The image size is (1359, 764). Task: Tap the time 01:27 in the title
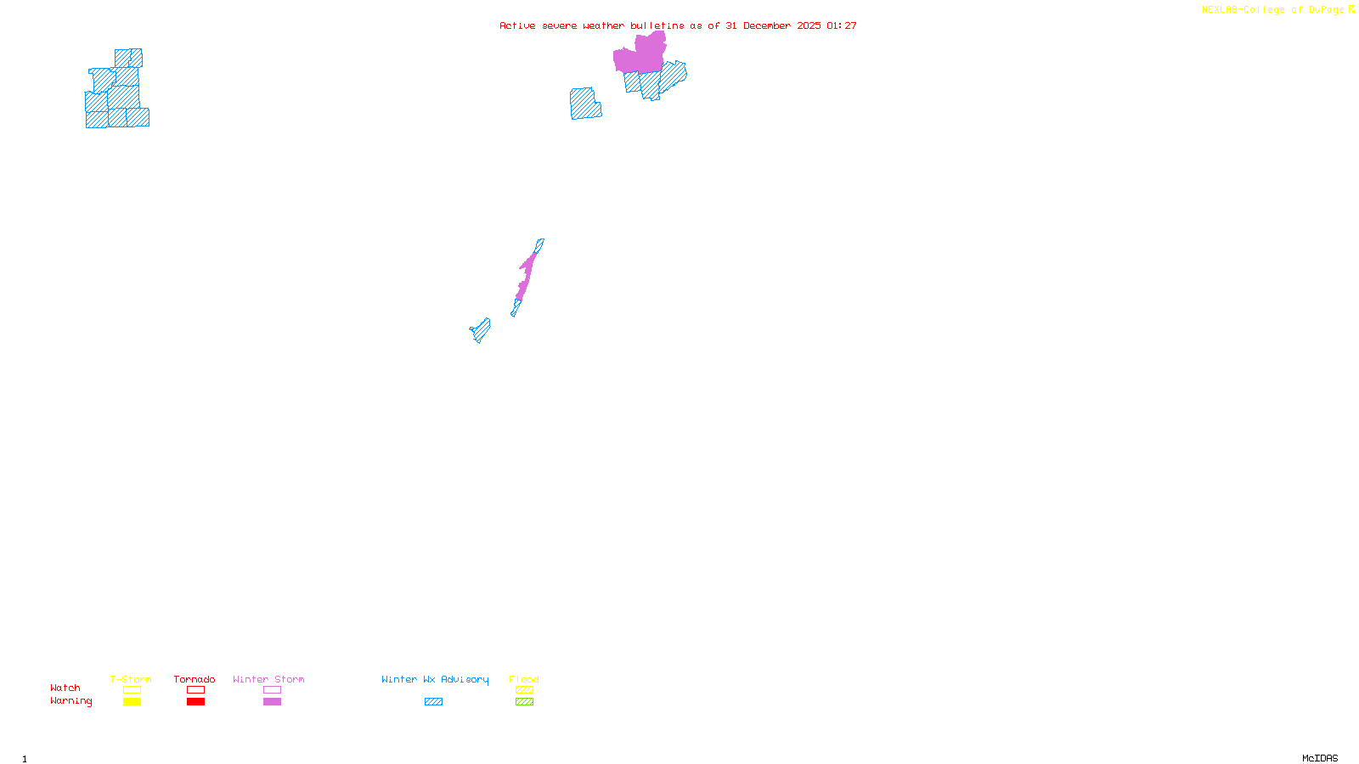point(841,25)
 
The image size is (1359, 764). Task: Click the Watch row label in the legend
point(65,688)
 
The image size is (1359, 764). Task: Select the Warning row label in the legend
point(71,701)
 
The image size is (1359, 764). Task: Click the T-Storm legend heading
point(131,679)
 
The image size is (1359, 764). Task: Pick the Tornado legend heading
point(195,679)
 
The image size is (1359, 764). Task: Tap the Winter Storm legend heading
point(268,679)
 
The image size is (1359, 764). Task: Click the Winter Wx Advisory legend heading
point(435,679)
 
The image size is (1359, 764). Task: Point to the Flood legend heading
point(524,679)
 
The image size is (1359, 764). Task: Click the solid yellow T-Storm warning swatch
point(132,702)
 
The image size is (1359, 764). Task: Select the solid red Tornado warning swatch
point(195,702)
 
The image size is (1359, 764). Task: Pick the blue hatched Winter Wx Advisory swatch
point(433,702)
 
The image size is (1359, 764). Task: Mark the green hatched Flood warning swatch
point(524,702)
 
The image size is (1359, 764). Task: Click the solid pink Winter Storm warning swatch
point(272,702)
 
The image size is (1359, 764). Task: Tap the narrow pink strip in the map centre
point(527,272)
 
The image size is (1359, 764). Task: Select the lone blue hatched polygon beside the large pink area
point(584,104)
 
